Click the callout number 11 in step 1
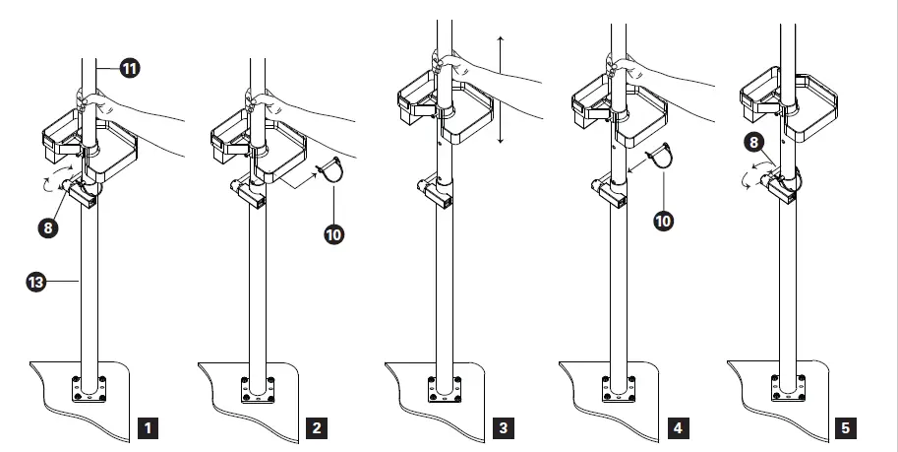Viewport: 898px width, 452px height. coord(129,68)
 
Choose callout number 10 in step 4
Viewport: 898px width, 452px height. coord(663,221)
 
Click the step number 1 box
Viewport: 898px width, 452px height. coord(148,428)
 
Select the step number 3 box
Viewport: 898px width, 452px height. coord(503,428)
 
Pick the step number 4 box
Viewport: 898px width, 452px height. coord(678,428)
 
